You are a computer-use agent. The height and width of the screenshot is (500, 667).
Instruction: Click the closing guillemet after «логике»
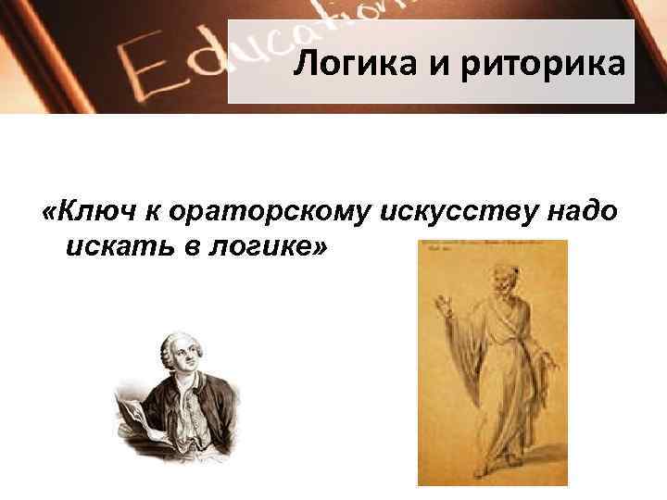click(x=321, y=246)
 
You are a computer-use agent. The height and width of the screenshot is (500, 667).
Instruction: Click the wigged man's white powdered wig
click(x=165, y=349)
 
